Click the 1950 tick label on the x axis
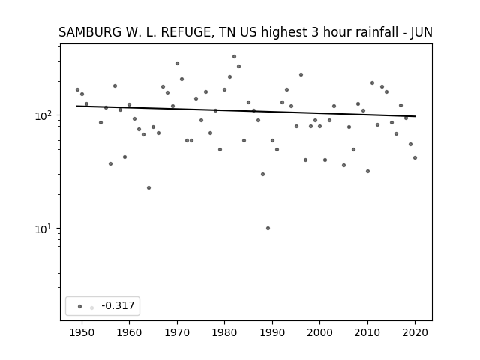(82, 332)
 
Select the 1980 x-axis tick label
(224, 332)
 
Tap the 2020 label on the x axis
(415, 332)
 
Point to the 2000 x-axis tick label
(319, 332)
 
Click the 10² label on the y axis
(45, 115)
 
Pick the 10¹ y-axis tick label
(45, 229)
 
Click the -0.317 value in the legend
(118, 305)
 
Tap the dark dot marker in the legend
(79, 306)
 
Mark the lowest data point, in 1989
(268, 228)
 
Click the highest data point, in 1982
(234, 57)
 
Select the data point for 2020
(415, 158)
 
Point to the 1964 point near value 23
(148, 188)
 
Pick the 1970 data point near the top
(177, 63)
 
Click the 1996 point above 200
(301, 75)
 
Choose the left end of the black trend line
(76, 106)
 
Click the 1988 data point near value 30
(262, 175)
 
